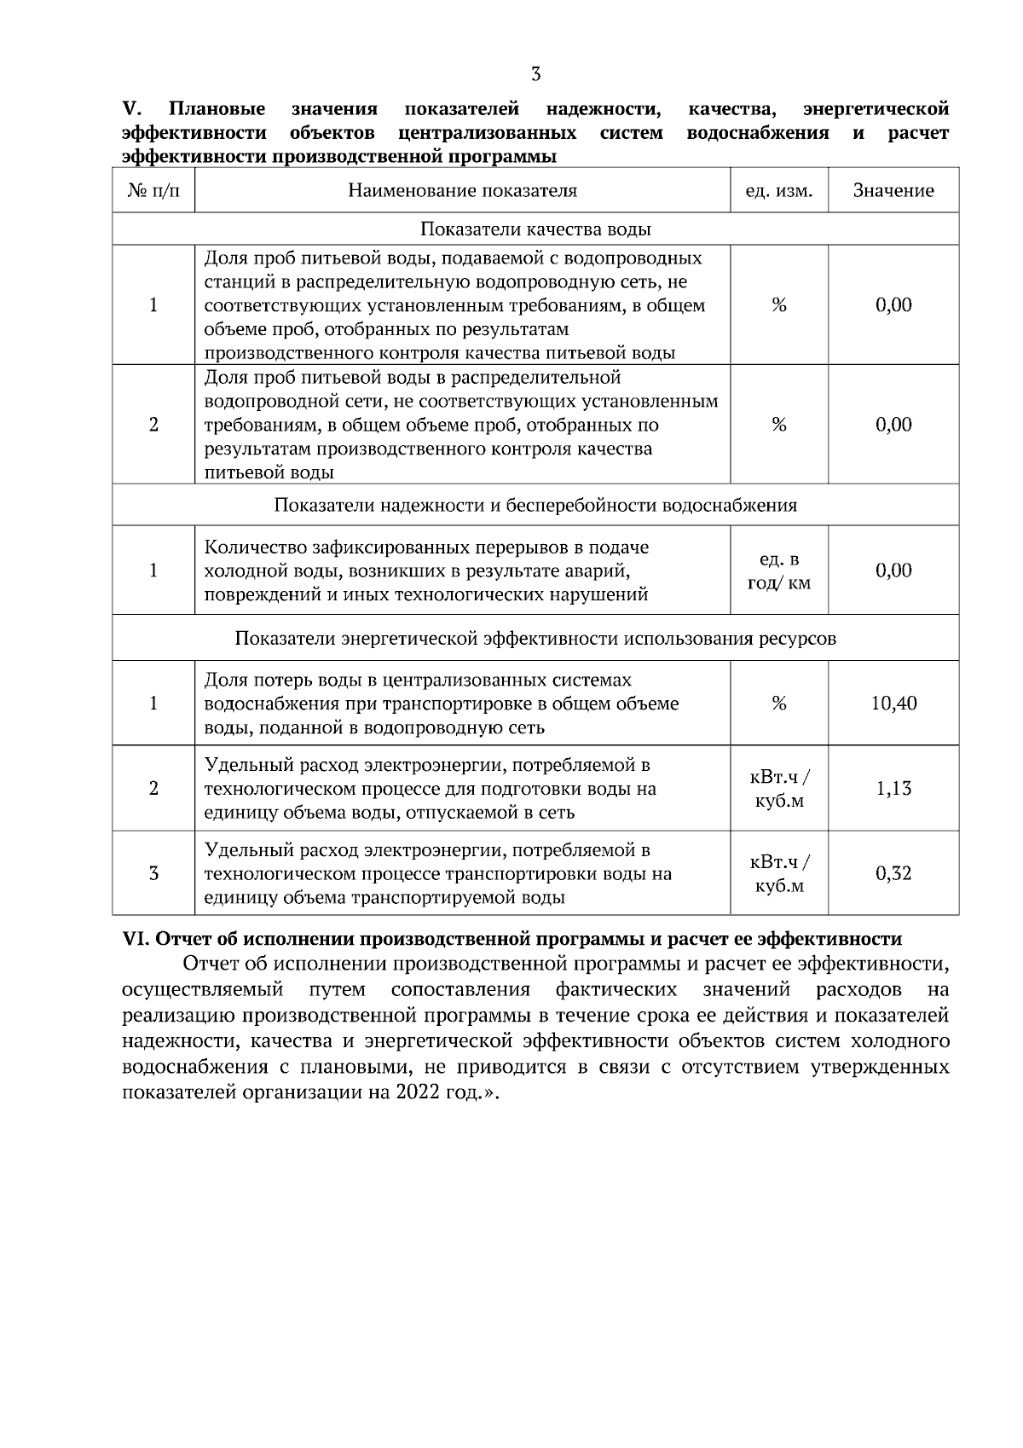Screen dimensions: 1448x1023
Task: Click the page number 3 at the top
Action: (535, 74)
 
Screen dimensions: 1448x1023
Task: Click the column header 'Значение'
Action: (893, 191)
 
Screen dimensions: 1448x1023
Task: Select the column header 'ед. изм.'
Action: (779, 191)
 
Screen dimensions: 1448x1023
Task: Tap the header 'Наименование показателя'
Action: (462, 191)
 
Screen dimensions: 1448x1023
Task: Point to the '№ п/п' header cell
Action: (153, 191)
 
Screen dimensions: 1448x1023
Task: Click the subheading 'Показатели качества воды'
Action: (535, 229)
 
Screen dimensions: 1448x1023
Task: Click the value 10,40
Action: (893, 704)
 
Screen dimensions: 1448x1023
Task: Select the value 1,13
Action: (893, 789)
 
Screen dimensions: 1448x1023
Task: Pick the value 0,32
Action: (893, 873)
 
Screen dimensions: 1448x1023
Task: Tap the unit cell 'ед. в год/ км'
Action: (779, 571)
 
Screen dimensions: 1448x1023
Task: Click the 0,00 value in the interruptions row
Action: (893, 571)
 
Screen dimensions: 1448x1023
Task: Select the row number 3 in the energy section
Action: (153, 873)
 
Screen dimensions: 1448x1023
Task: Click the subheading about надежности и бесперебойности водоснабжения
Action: (535, 506)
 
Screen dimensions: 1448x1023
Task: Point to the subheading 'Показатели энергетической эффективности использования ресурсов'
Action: (535, 639)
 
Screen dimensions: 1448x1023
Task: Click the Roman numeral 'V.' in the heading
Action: (132, 109)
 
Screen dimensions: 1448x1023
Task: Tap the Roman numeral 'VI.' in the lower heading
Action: (136, 939)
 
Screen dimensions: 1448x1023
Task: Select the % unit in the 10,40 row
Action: (779, 704)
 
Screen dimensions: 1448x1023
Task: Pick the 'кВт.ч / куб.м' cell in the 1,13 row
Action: (779, 789)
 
